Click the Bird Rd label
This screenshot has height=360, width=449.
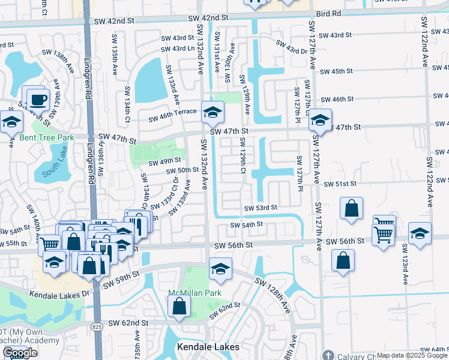(328, 13)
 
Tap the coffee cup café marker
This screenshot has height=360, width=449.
(38, 99)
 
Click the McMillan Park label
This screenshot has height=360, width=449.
(194, 293)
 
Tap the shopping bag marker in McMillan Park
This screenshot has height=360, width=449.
(179, 307)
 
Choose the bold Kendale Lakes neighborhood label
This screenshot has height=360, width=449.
(208, 347)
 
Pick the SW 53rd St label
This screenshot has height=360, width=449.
(260, 208)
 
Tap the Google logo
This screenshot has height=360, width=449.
(20, 353)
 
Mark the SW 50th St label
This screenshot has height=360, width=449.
(182, 170)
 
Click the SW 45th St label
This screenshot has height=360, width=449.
(336, 71)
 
